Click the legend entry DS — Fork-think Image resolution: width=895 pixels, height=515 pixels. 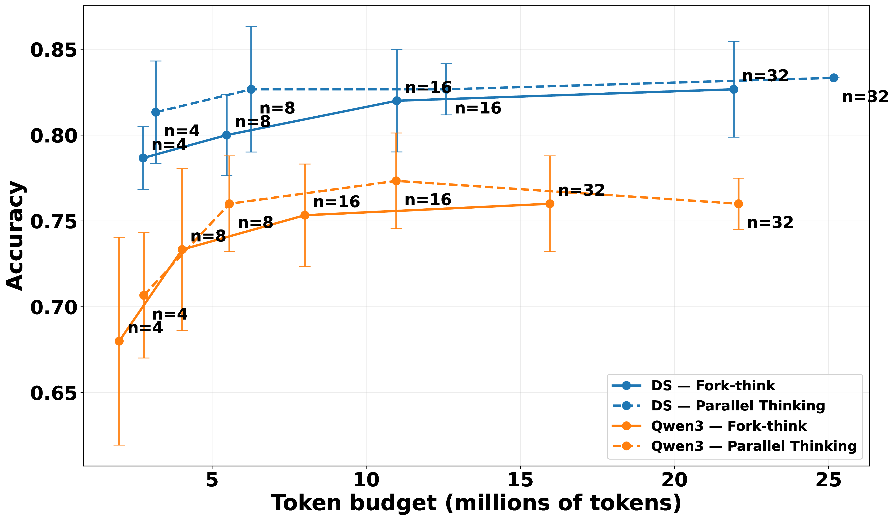coord(713,385)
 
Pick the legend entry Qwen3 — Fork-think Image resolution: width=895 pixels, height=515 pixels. coord(729,426)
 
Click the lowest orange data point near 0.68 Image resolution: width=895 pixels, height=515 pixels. coord(119,341)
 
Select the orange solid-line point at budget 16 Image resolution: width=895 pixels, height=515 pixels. coord(550,204)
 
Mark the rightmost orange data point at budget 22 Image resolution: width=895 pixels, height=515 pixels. coord(738,204)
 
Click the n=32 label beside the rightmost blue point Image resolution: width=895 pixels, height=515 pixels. coord(865,97)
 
